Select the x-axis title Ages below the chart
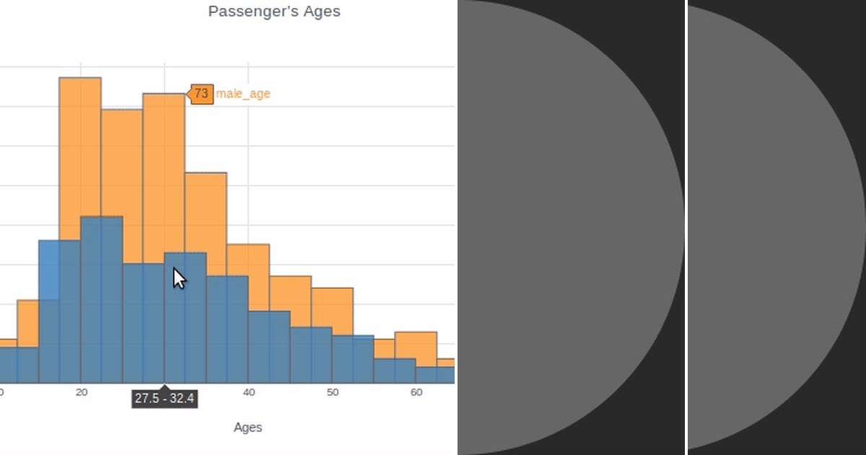click(x=248, y=428)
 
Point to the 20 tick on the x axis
click(x=82, y=392)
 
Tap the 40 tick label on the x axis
click(x=248, y=392)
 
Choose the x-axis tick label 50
click(x=332, y=392)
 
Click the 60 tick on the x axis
click(x=416, y=392)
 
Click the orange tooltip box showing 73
click(x=201, y=94)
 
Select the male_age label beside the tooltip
click(x=243, y=94)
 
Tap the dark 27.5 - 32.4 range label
click(x=164, y=399)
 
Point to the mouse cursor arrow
click(x=178, y=278)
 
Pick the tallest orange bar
click(x=80, y=144)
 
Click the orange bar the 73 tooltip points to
click(x=164, y=173)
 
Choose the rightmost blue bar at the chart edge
click(x=435, y=375)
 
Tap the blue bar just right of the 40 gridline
click(x=269, y=347)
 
